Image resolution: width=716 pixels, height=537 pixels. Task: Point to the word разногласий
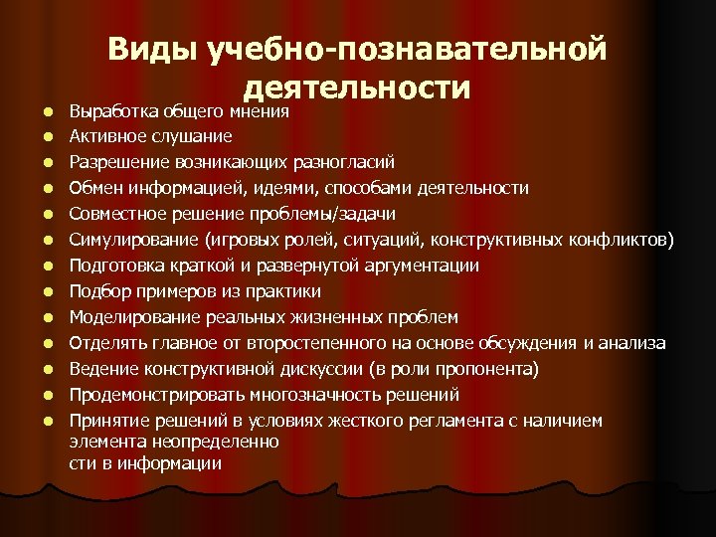point(343,161)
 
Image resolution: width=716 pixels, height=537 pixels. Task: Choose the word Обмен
point(91,187)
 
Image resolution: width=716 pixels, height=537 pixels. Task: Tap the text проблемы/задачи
point(337,213)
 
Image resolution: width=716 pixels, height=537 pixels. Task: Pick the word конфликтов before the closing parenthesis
point(617,239)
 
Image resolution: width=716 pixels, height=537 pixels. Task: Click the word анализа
point(634,343)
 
